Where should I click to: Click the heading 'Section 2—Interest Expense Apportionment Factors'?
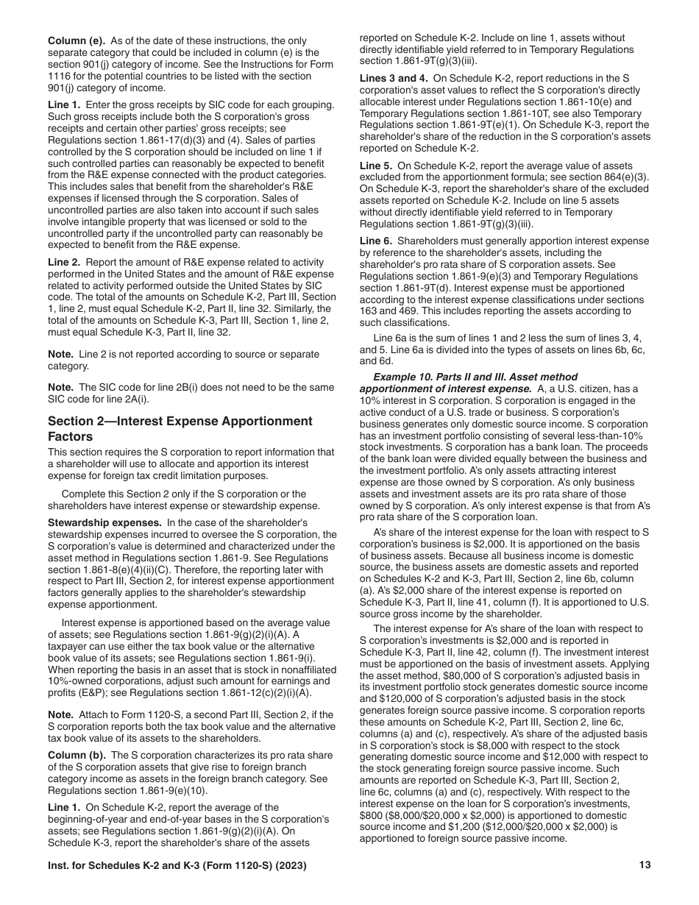(180, 428)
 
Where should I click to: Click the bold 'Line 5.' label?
(375, 166)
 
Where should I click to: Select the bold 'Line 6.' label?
(375, 241)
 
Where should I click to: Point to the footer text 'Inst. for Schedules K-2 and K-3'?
(132, 866)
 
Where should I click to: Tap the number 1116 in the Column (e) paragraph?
(60, 76)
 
